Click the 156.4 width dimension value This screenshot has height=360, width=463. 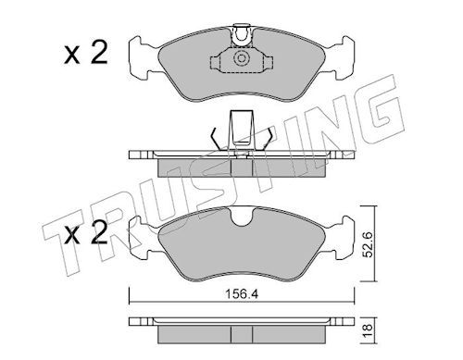point(242,294)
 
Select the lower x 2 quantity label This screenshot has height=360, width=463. point(86,233)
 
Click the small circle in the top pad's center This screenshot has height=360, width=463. point(241,58)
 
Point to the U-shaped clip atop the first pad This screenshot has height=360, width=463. point(242,35)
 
